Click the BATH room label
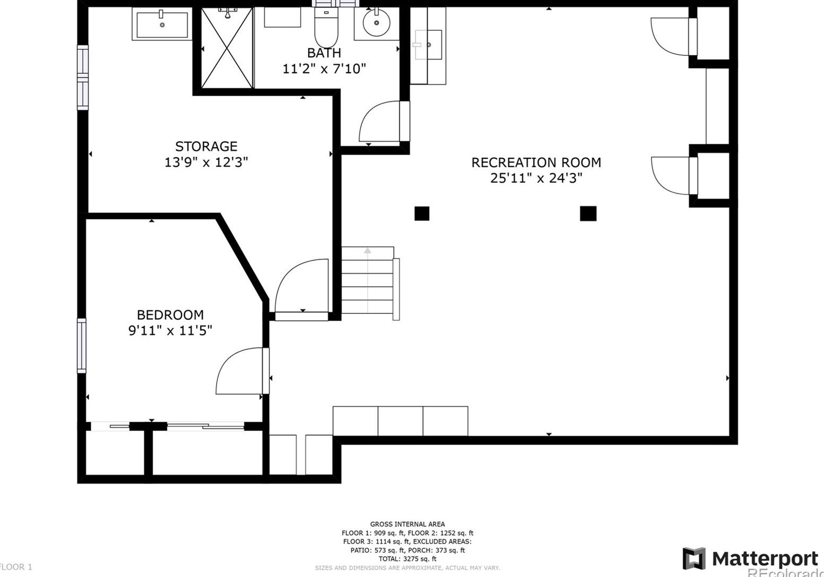[x=324, y=53]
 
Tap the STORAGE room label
[x=206, y=146]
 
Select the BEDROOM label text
[x=170, y=315]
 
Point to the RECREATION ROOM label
[x=536, y=163]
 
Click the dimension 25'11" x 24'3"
[x=536, y=178]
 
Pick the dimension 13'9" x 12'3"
[x=206, y=162]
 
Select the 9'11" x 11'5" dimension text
[x=170, y=330]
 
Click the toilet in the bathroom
[x=326, y=29]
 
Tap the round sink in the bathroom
[x=376, y=23]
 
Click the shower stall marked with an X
[x=227, y=49]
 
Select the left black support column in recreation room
[x=422, y=214]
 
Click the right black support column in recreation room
[x=588, y=214]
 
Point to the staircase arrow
[x=368, y=251]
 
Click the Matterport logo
[x=750, y=559]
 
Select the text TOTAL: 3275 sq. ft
[x=407, y=559]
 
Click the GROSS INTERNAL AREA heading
[x=407, y=524]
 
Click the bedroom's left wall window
[x=82, y=345]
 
